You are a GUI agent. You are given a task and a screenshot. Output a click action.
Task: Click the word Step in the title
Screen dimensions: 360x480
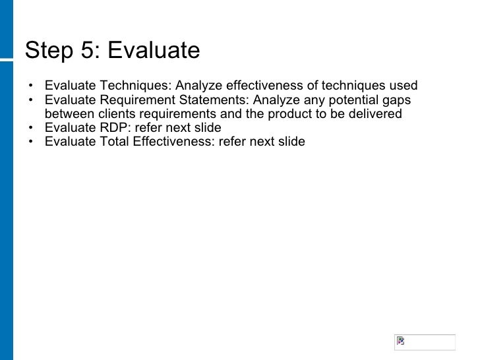[x=47, y=51]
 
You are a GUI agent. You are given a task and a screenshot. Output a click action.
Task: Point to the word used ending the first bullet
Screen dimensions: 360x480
[x=404, y=86]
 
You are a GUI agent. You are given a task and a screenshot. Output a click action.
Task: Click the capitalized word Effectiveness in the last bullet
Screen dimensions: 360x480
[x=171, y=142]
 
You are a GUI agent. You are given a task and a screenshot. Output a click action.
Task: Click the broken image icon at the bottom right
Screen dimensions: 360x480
[x=400, y=342]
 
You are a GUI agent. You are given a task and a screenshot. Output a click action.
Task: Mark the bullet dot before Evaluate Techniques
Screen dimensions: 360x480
[x=30, y=86]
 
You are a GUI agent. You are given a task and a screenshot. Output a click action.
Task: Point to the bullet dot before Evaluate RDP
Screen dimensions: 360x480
[x=30, y=128]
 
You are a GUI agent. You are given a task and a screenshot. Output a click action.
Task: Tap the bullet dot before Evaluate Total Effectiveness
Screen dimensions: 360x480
[x=30, y=142]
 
